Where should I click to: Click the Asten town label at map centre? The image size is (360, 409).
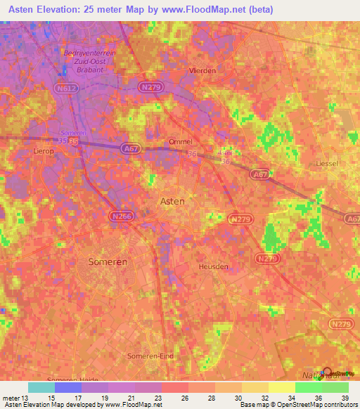pyautogui.click(x=173, y=201)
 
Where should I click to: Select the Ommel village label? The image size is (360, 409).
pyautogui.click(x=181, y=142)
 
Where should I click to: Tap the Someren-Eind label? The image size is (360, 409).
pyautogui.click(x=148, y=356)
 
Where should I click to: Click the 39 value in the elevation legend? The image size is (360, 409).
pyautogui.click(x=344, y=398)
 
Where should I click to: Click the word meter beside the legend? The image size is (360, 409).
pyautogui.click(x=9, y=398)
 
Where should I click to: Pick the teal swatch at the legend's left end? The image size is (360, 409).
pyautogui.click(x=41, y=387)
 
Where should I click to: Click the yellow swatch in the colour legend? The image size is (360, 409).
pyautogui.click(x=282, y=387)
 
